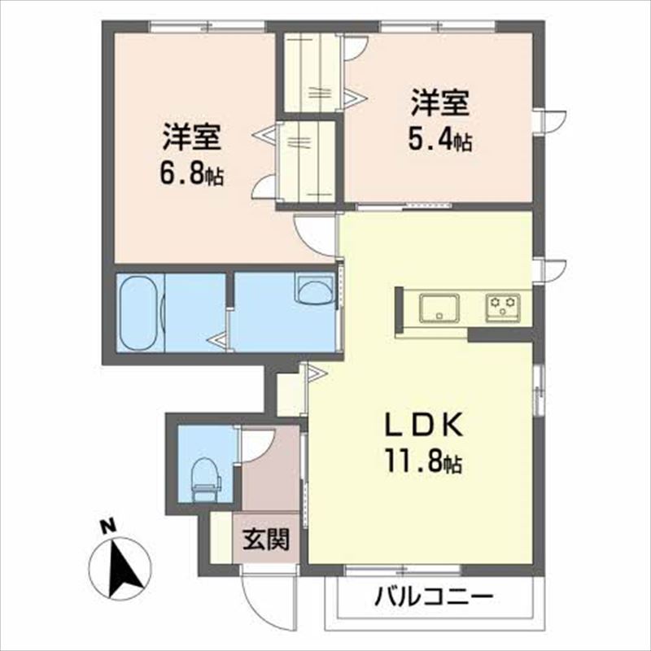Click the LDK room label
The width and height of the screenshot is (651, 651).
[423, 426]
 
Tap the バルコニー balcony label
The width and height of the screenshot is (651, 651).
[435, 599]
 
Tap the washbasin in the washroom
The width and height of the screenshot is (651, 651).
[315, 289]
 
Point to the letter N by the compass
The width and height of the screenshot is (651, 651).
[105, 527]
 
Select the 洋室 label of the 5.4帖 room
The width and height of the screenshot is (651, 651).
[439, 104]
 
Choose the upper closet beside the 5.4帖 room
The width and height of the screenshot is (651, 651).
[312, 72]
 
